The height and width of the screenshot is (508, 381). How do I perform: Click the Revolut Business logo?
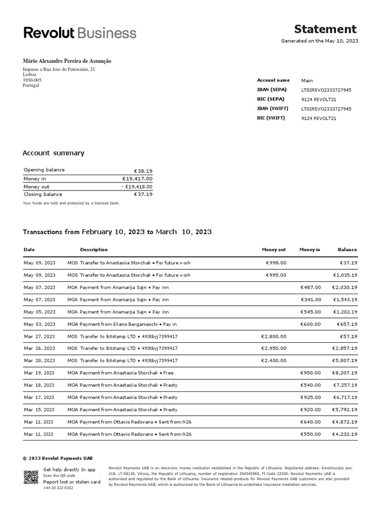[80, 33]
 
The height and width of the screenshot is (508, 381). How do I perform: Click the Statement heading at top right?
[325, 29]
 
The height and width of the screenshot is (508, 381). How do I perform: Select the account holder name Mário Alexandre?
[67, 61]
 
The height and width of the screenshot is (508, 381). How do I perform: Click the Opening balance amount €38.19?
[143, 171]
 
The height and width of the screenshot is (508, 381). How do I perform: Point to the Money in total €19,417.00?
[137, 179]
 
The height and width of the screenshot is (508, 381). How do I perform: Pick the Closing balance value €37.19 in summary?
[143, 194]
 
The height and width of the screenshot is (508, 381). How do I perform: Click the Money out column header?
[274, 250]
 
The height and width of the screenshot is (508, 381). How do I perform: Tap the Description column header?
[94, 250]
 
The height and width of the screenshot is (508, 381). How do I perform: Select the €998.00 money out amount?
[276, 263]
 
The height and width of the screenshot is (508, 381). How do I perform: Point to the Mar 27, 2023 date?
[39, 336]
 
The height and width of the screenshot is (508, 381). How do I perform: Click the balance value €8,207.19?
[344, 373]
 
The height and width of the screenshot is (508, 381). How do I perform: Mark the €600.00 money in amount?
[311, 324]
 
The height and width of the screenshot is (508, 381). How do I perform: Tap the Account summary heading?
[54, 153]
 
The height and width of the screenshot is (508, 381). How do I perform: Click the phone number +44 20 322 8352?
[58, 488]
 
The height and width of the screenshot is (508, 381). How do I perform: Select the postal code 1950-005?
[32, 80]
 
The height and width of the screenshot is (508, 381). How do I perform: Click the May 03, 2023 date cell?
[39, 324]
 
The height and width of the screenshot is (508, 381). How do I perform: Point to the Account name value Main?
[307, 80]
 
